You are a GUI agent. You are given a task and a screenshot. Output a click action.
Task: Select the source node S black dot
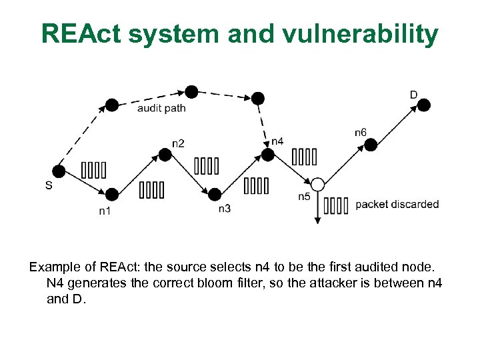[x=59, y=171]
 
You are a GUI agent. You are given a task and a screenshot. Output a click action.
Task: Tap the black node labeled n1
[x=112, y=194]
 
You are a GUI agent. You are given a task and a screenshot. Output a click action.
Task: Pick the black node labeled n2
[x=165, y=155]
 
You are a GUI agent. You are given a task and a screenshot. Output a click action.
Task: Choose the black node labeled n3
[x=214, y=194]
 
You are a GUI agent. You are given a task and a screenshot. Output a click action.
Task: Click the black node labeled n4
[x=267, y=155]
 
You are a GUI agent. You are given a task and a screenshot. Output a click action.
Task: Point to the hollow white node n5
[x=317, y=184]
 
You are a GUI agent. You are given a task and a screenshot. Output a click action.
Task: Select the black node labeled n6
[x=371, y=144]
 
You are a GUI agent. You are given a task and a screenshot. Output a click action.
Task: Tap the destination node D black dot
[x=424, y=105]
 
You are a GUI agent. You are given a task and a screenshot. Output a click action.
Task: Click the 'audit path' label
[x=161, y=108]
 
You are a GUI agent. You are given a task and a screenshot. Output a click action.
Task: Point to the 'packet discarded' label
[x=397, y=204]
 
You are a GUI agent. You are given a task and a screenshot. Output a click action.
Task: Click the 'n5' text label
[x=304, y=197]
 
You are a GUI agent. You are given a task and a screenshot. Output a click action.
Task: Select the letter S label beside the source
[x=49, y=186]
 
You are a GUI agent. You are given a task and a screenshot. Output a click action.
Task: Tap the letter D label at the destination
[x=413, y=95]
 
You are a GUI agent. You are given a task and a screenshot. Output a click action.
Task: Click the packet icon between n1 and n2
[x=151, y=191]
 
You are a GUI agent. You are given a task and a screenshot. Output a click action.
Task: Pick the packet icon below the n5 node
[x=337, y=206]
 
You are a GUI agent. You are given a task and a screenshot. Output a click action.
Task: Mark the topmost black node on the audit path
[x=192, y=91]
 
